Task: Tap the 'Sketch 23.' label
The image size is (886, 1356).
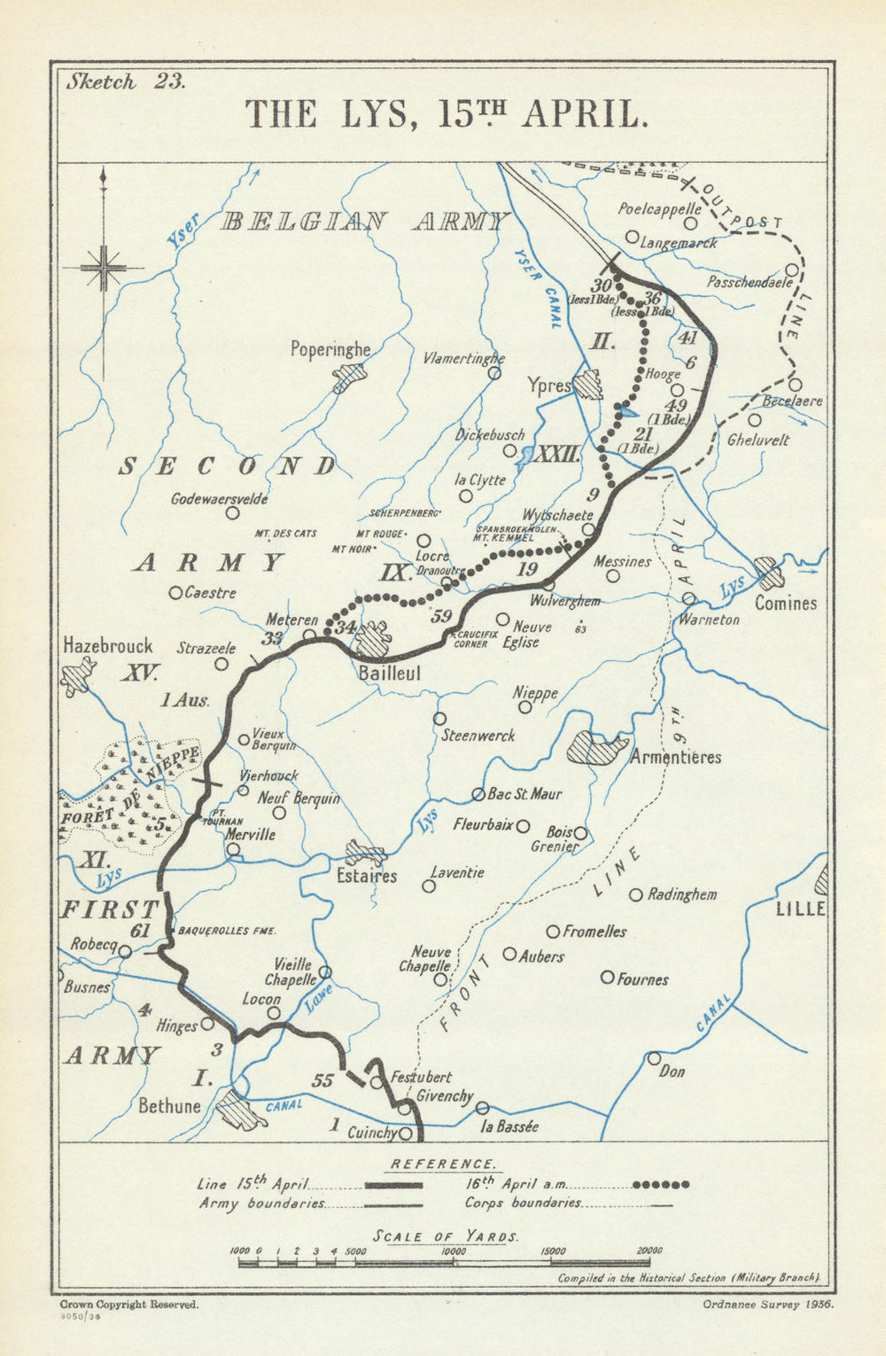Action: click(x=125, y=82)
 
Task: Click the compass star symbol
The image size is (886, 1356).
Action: click(x=105, y=267)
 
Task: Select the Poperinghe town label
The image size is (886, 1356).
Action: click(x=330, y=349)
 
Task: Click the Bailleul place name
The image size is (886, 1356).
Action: click(x=389, y=673)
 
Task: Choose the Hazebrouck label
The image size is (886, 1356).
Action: click(x=107, y=646)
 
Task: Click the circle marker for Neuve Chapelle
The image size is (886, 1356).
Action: click(x=440, y=979)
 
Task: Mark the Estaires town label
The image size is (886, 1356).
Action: click(x=367, y=876)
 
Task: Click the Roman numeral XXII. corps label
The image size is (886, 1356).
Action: click(x=559, y=455)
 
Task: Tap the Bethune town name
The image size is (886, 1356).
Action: click(x=169, y=1106)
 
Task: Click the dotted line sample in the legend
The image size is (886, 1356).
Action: click(x=660, y=1184)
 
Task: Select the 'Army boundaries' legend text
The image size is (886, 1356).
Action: click(x=263, y=1204)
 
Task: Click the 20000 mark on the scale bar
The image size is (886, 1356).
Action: click(x=649, y=1250)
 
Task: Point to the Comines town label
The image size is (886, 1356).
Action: click(x=786, y=603)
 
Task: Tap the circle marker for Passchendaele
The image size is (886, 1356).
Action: click(x=791, y=270)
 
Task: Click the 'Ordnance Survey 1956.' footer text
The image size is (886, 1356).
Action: click(x=768, y=1304)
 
